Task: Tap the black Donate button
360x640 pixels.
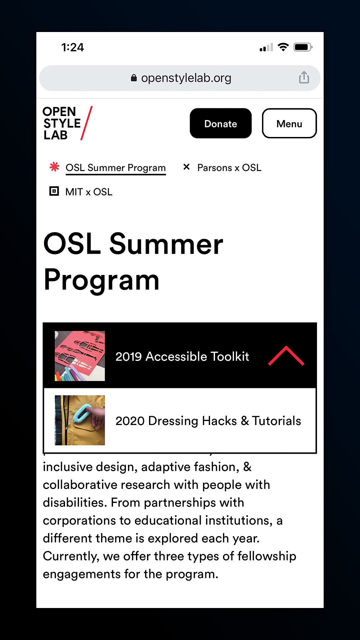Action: [x=221, y=123]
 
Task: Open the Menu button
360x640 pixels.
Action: [x=289, y=123]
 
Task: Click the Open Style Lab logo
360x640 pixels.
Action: [x=67, y=123]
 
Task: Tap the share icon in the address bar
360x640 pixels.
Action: [x=304, y=77]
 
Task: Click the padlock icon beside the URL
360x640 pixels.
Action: [x=134, y=78]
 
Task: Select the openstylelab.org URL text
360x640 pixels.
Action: [x=186, y=78]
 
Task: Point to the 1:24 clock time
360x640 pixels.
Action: [x=73, y=47]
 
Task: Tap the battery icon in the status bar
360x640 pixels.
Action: [x=303, y=47]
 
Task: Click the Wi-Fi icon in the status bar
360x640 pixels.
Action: [x=283, y=47]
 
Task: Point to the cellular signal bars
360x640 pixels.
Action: [x=266, y=47]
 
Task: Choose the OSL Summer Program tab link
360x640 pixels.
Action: [x=116, y=168]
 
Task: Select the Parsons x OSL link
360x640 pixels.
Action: [x=229, y=168]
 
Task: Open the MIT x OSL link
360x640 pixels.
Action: [x=89, y=192]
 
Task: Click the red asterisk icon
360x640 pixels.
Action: [x=54, y=167]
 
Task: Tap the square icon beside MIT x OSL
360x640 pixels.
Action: [x=54, y=191]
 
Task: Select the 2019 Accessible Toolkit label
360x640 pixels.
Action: [x=182, y=356]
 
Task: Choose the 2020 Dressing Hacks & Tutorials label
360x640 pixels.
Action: [x=208, y=421]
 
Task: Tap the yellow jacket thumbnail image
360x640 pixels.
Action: [x=80, y=420]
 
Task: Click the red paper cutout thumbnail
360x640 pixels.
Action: [x=80, y=356]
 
